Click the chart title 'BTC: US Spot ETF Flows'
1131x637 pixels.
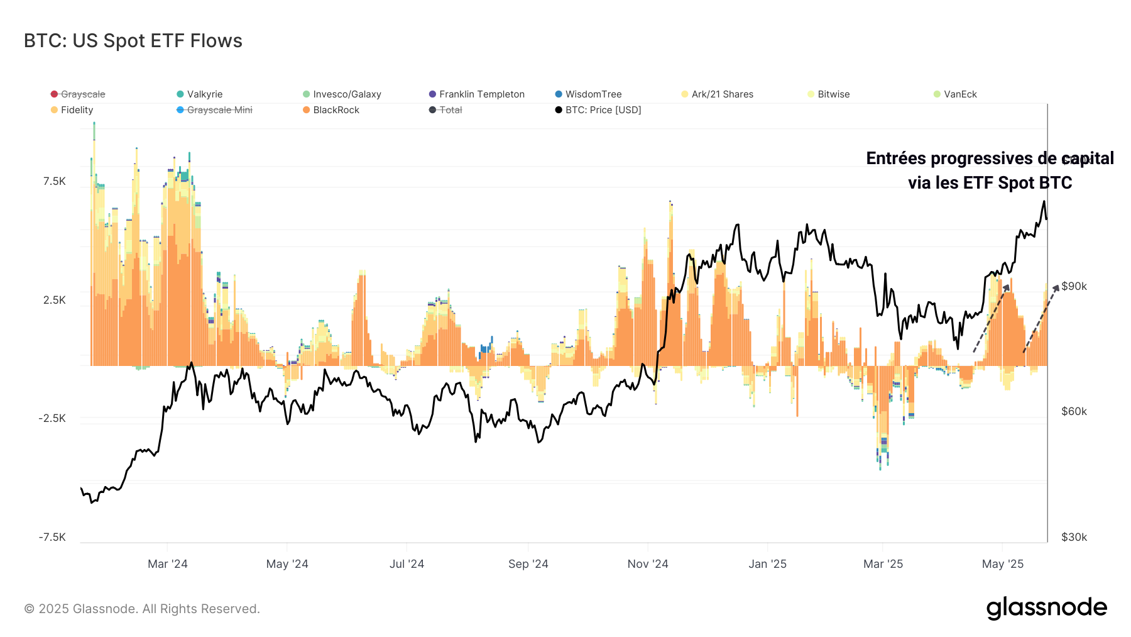(x=133, y=41)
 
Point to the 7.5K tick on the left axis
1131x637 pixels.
(x=55, y=182)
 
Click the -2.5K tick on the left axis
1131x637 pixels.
(x=52, y=419)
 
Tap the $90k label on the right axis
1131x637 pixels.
(x=1074, y=287)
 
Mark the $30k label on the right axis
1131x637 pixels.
(x=1074, y=537)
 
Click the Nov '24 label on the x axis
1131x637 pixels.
(x=648, y=564)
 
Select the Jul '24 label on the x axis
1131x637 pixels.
(x=407, y=564)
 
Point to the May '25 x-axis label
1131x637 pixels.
(x=1002, y=564)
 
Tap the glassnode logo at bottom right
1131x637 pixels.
(x=1046, y=608)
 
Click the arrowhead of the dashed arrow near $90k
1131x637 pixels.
(x=1056, y=287)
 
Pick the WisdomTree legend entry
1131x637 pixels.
(x=593, y=94)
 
